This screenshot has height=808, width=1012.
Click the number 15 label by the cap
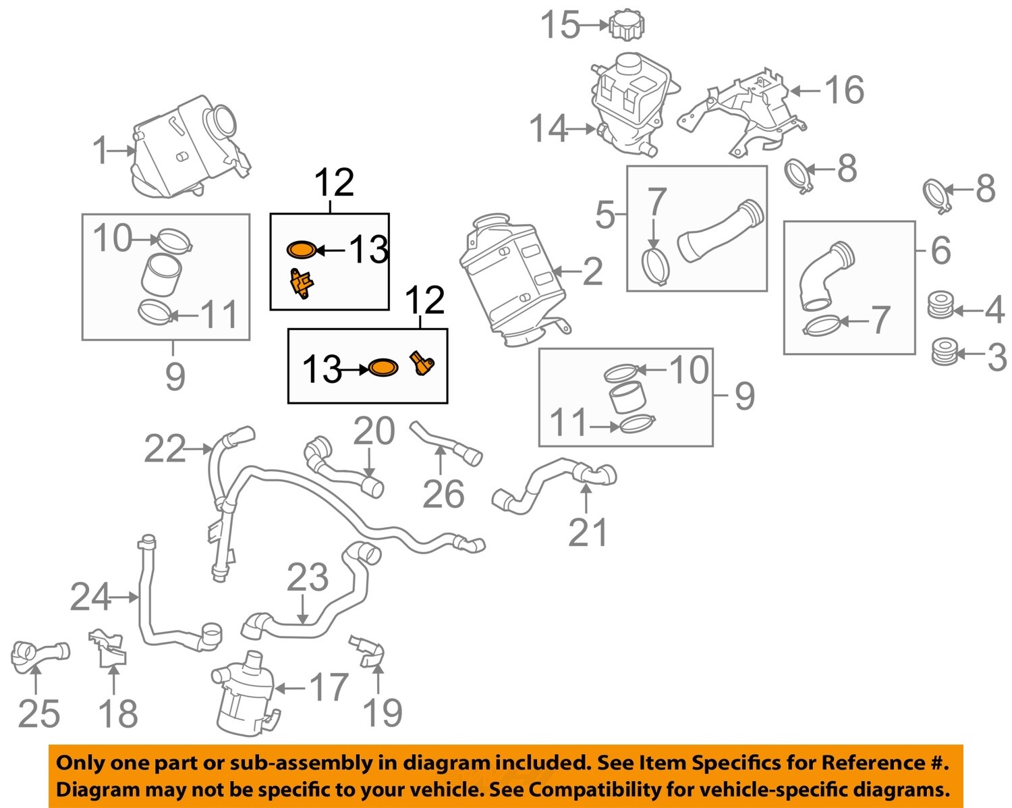[x=560, y=26]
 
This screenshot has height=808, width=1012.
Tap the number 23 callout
[x=308, y=578]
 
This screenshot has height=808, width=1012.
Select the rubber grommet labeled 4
[x=941, y=305]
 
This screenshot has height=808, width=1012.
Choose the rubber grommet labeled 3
[x=943, y=352]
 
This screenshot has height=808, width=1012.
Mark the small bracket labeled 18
[x=108, y=648]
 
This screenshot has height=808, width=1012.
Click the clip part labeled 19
[x=369, y=649]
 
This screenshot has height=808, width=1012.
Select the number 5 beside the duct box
[x=605, y=215]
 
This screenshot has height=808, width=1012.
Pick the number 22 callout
[x=165, y=449]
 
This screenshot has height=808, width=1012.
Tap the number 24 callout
[x=90, y=597]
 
